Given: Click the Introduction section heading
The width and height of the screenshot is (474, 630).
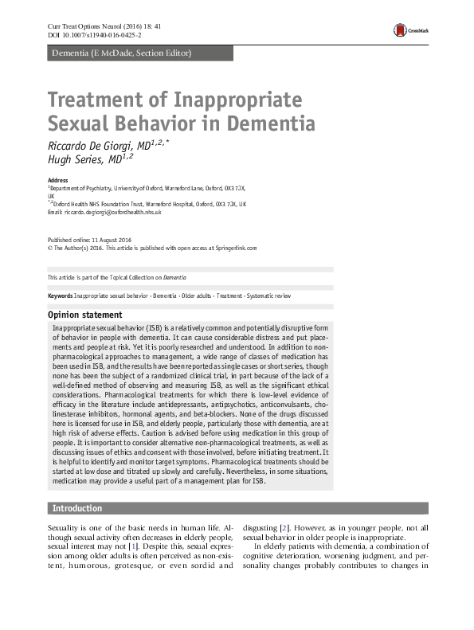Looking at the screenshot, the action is tap(77, 508).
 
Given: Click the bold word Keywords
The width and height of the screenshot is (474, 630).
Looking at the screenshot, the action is tap(60, 295).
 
